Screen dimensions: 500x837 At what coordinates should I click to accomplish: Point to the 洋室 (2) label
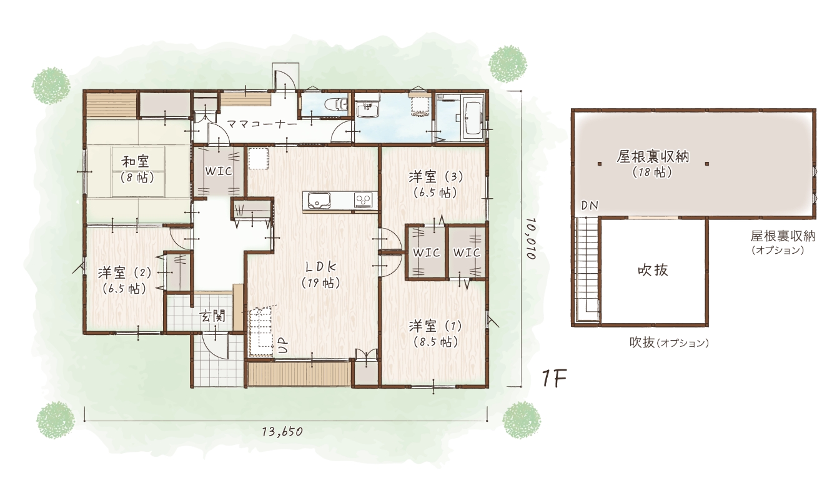pos(125,273)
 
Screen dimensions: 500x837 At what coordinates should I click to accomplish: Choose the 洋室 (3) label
pos(435,176)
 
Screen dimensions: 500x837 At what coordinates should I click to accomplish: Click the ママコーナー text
pos(262,124)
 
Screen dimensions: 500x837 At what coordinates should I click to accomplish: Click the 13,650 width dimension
pos(282,431)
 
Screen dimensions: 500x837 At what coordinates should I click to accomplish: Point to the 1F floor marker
pos(554,378)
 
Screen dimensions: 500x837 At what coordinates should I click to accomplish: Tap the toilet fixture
pos(337,104)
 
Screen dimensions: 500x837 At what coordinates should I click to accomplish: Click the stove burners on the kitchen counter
pos(363,200)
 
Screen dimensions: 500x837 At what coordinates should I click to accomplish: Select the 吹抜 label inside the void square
pos(653,270)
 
